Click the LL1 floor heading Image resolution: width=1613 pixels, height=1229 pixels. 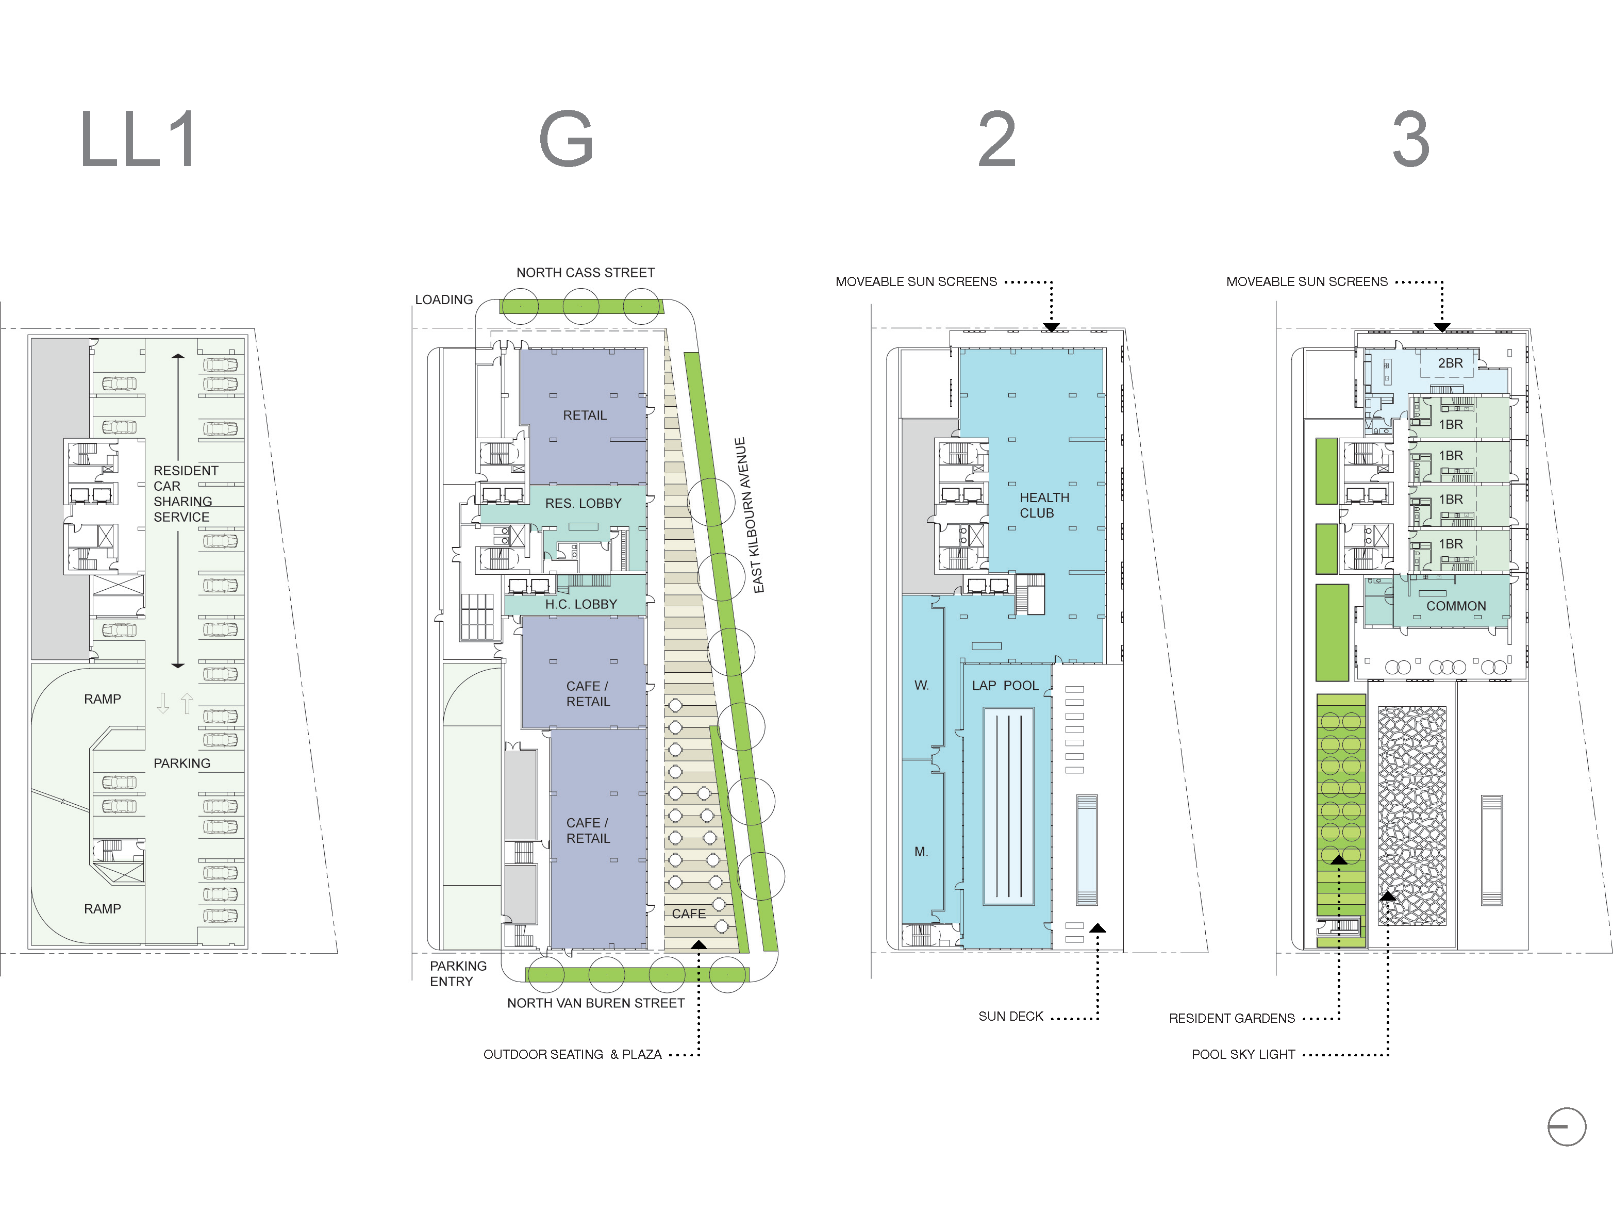138,139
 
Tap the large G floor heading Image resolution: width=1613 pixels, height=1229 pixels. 566,139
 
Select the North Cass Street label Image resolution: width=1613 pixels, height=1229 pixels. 585,273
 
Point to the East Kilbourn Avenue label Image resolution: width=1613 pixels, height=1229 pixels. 749,515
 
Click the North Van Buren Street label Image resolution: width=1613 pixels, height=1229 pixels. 595,1003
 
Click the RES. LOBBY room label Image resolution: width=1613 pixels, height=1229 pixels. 583,503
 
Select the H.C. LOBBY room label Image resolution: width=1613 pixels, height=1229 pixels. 581,604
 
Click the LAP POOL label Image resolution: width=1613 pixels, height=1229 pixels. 1005,686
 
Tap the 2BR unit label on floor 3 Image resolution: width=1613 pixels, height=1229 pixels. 1450,363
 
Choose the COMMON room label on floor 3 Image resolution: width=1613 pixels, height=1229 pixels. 1456,606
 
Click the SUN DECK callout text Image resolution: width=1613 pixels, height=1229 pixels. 1010,1016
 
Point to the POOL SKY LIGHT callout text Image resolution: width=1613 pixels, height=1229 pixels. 1243,1054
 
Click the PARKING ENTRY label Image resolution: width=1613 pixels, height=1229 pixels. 457,974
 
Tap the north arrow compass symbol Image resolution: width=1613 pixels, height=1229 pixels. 1566,1126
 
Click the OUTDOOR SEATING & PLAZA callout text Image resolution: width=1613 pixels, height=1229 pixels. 572,1054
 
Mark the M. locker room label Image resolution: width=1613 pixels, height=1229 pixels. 921,852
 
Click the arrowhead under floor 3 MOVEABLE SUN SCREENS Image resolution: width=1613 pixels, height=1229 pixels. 1441,327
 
